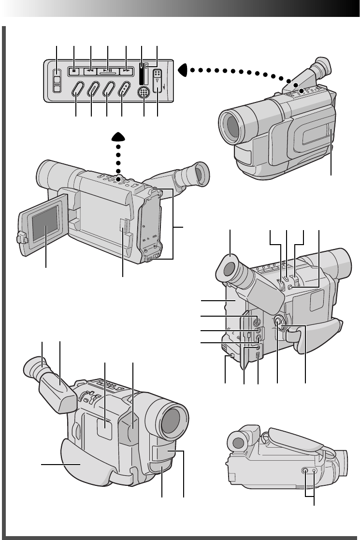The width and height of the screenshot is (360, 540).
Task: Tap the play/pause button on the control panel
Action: [x=108, y=71]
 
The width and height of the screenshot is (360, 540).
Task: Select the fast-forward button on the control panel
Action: [x=126, y=71]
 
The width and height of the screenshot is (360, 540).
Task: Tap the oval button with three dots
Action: [x=125, y=90]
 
